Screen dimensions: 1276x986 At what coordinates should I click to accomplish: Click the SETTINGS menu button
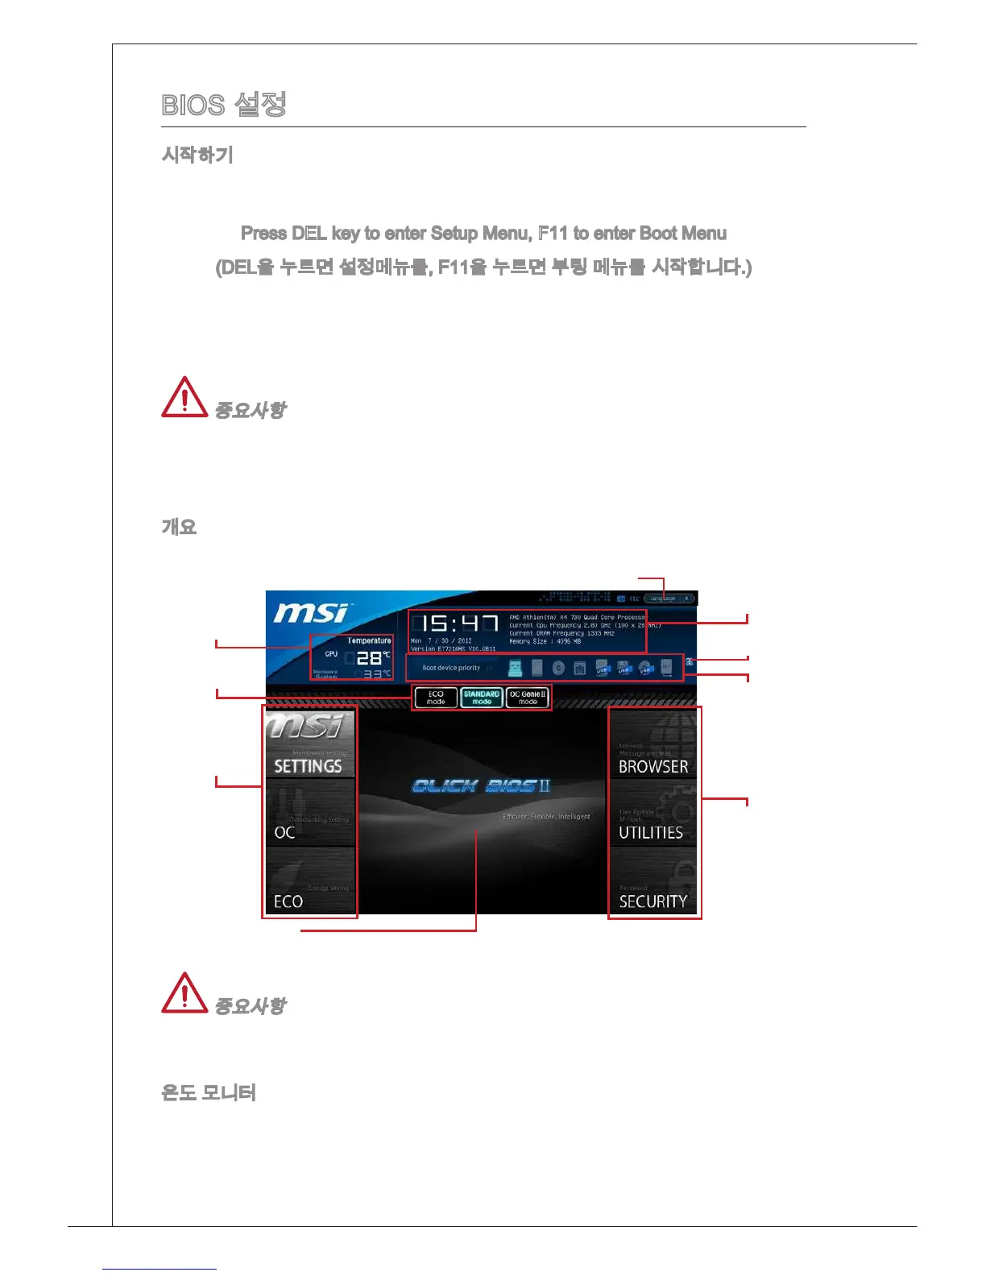(309, 745)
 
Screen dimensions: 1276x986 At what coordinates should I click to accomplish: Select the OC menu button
(309, 814)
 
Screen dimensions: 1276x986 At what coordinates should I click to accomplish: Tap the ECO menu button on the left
(309, 882)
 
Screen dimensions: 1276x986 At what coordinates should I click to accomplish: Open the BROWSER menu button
(653, 745)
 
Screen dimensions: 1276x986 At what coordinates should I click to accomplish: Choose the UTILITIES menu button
(653, 814)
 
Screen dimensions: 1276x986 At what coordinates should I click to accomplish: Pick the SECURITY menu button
(653, 883)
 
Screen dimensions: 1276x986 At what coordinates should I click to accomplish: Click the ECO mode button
(436, 698)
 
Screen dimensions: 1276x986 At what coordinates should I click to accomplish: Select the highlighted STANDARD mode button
(482, 698)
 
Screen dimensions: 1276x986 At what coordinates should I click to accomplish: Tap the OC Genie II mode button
(528, 698)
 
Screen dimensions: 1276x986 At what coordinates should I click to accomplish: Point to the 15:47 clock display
(456, 623)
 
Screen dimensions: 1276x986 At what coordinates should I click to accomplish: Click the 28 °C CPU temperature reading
(371, 657)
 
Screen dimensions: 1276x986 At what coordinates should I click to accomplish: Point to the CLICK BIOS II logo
(481, 786)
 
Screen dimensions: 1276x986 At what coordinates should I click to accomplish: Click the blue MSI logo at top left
(311, 613)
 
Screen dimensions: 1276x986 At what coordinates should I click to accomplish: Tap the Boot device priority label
(451, 668)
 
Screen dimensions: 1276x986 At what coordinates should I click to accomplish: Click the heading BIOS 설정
(224, 105)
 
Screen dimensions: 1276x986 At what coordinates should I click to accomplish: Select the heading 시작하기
(197, 155)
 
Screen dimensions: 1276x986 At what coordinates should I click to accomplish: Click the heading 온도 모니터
(209, 1092)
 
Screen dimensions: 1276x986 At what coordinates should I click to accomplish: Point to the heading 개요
(179, 527)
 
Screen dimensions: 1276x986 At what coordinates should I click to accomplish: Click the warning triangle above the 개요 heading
(184, 397)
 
